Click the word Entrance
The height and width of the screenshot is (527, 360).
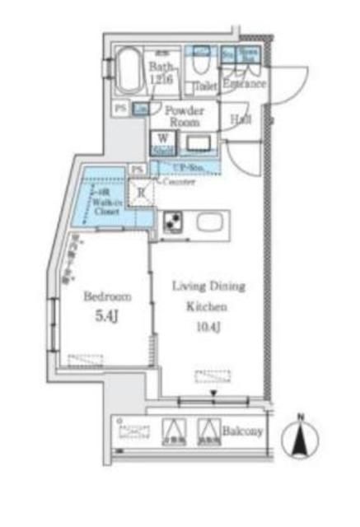[x=244, y=84]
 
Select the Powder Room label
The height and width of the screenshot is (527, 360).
[x=185, y=114]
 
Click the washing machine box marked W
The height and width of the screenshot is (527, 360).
[x=162, y=143]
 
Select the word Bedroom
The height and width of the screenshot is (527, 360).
[x=105, y=296]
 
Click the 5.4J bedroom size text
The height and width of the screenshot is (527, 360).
[x=105, y=314]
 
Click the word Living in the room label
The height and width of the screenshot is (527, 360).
[x=185, y=286]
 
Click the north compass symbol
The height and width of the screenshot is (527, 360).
[x=301, y=436]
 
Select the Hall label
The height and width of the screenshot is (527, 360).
[x=241, y=120]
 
